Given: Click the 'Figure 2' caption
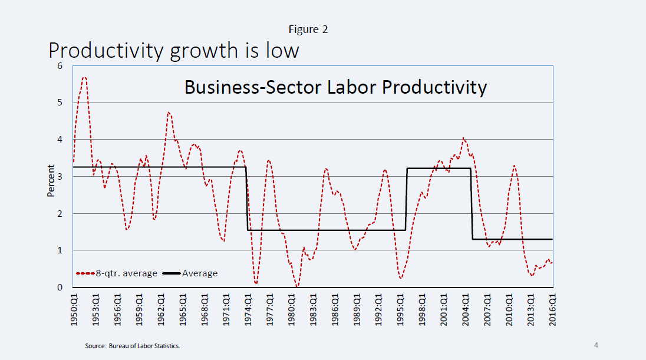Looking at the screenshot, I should (308, 29).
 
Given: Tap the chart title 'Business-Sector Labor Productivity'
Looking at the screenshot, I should (335, 87).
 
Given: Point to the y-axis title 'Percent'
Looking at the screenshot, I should (51, 180).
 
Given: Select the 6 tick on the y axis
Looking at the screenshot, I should (60, 66).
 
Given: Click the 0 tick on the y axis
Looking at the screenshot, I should (60, 288).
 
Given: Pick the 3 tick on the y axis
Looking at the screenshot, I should (60, 177).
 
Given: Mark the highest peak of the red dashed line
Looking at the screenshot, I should (84, 78).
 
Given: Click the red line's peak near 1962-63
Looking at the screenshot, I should (169, 112).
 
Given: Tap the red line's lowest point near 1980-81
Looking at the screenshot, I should (297, 286).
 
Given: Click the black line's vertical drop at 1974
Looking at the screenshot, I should (246, 199).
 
